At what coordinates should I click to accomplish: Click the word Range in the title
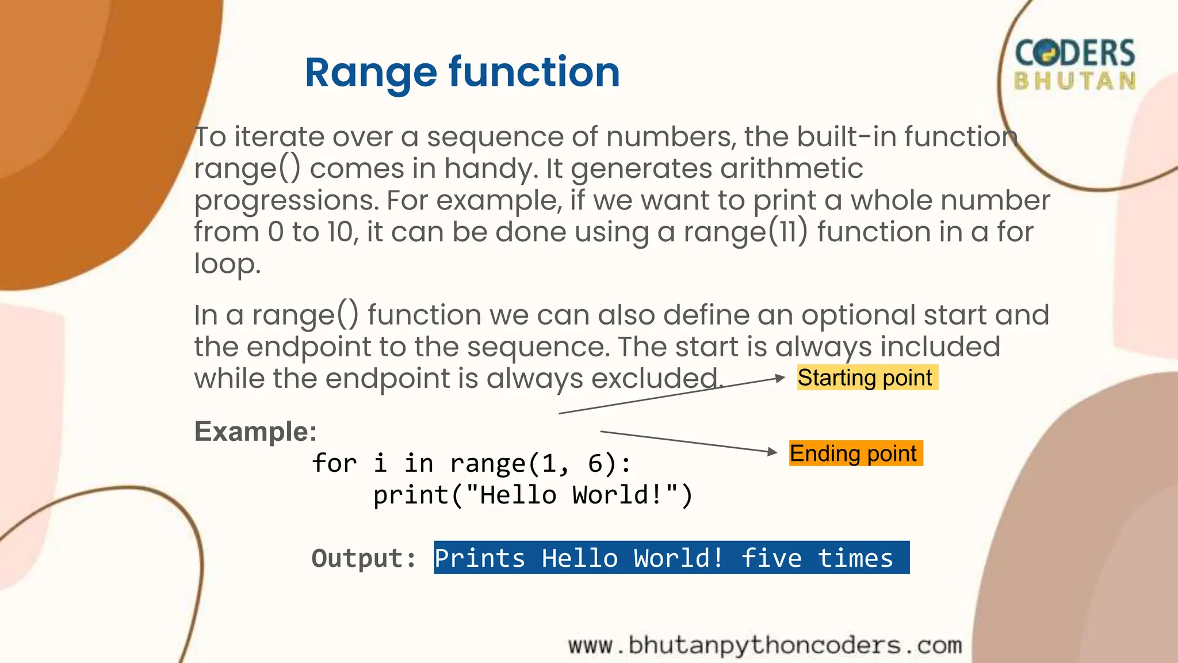(x=370, y=73)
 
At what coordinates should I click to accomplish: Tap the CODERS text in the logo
(x=1074, y=53)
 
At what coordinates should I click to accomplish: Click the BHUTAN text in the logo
(x=1074, y=81)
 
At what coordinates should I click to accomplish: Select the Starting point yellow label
(x=866, y=378)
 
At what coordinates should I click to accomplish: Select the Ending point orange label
(x=855, y=454)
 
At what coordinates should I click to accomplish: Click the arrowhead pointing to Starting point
(x=780, y=378)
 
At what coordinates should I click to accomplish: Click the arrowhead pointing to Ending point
(x=772, y=452)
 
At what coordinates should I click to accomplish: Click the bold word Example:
(x=255, y=432)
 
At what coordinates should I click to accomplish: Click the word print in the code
(x=410, y=495)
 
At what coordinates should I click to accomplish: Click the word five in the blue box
(x=771, y=558)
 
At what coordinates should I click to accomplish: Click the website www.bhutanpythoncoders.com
(x=765, y=645)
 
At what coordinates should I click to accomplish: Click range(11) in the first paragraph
(x=745, y=232)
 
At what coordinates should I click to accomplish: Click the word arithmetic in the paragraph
(x=791, y=169)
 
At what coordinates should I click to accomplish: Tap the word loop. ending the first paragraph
(x=227, y=264)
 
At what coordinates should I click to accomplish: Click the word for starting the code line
(x=334, y=463)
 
